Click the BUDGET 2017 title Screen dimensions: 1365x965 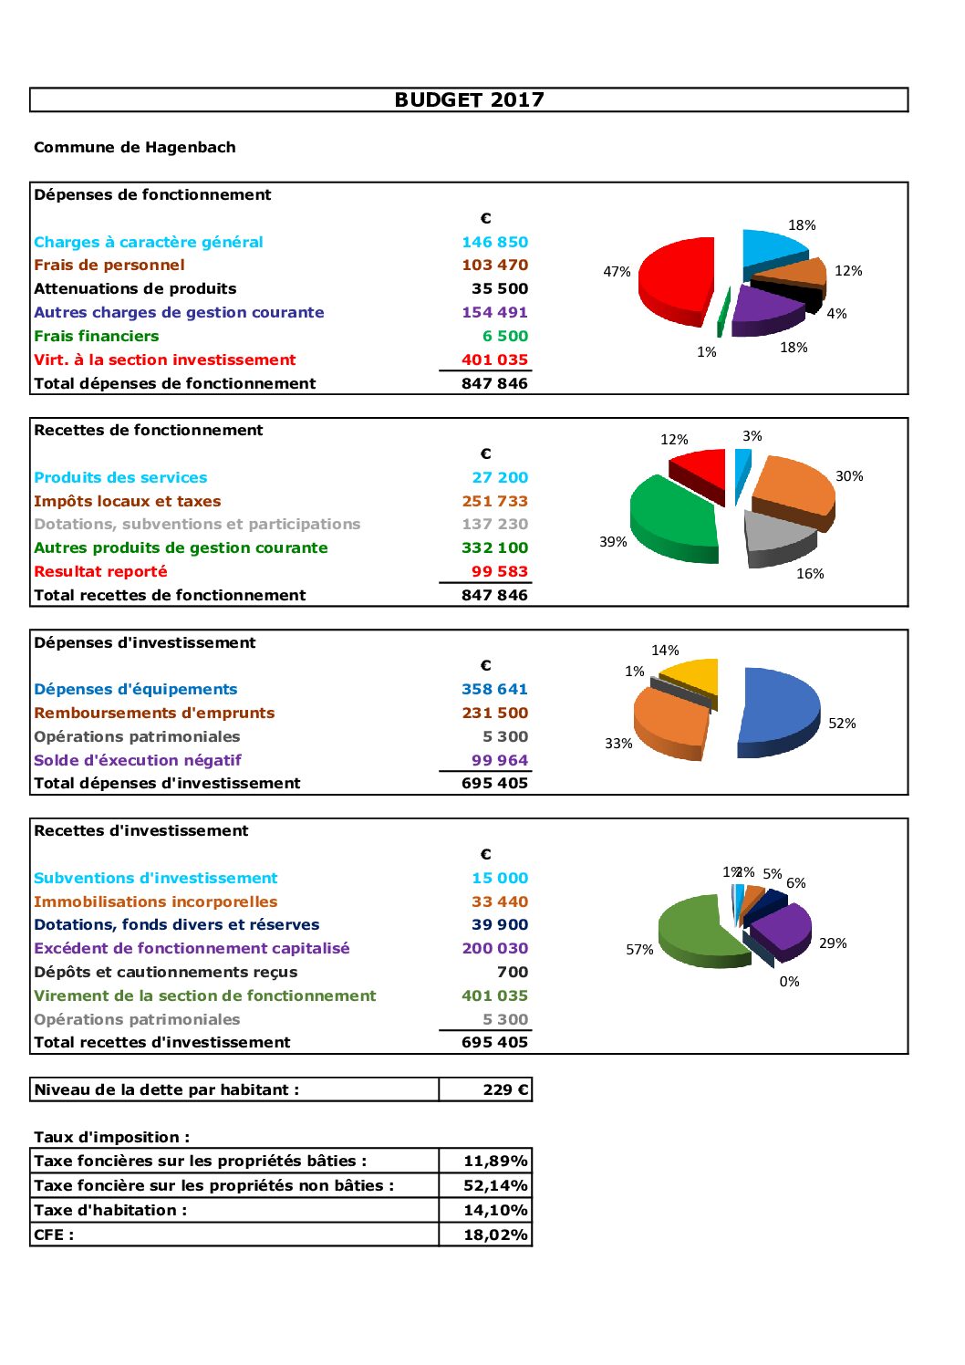coord(469,100)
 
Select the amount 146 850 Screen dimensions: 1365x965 coord(494,242)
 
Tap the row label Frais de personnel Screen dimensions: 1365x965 coord(109,266)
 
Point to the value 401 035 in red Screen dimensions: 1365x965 coord(494,359)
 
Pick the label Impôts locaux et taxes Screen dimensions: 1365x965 coord(128,501)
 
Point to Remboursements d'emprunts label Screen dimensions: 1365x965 coord(154,713)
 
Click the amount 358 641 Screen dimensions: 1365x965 coord(494,689)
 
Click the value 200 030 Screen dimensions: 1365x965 coord(494,948)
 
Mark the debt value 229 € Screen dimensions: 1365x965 coord(505,1089)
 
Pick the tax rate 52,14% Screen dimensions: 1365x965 coord(495,1185)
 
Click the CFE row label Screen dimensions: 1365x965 coord(54,1235)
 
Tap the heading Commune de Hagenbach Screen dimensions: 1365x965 coord(135,148)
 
